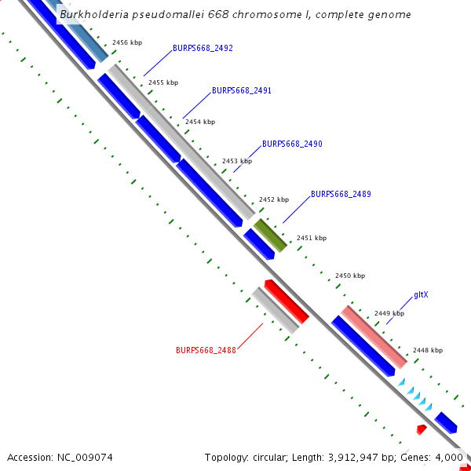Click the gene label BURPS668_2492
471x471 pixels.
click(x=203, y=49)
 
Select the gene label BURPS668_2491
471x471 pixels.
click(x=242, y=91)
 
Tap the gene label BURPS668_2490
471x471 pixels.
click(x=292, y=144)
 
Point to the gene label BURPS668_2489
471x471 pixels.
click(x=341, y=194)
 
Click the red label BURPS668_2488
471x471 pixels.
click(x=206, y=350)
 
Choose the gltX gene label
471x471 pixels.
click(x=421, y=295)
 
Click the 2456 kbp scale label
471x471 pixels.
click(x=128, y=42)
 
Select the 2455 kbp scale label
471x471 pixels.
click(x=163, y=82)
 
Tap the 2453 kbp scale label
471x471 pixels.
click(x=237, y=161)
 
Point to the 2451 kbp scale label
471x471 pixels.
click(x=311, y=238)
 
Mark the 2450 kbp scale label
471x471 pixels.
click(x=350, y=276)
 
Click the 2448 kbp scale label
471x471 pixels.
click(x=427, y=350)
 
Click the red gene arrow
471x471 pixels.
click(x=287, y=301)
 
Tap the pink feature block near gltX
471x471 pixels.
click(x=374, y=337)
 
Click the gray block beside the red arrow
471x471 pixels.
click(x=275, y=309)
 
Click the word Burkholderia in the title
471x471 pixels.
click(x=99, y=15)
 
